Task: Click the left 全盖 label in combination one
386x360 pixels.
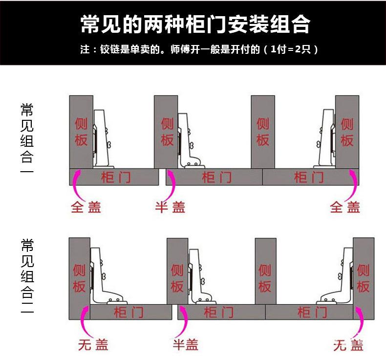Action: click(86, 207)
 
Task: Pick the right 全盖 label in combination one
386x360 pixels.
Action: click(345, 207)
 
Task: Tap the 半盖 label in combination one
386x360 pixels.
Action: click(171, 207)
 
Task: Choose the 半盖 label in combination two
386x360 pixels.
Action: click(186, 345)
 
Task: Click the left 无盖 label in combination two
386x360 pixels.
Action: click(93, 345)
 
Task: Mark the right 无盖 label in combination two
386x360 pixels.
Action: click(348, 345)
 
